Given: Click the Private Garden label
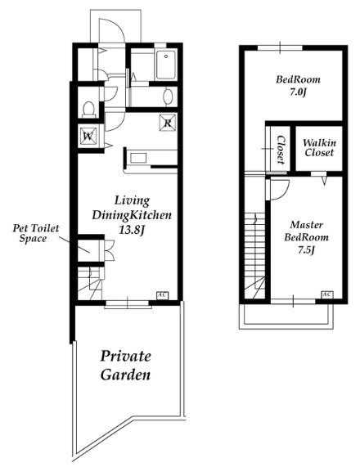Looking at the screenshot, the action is [125, 366].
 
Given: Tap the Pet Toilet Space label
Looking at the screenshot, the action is [36, 233].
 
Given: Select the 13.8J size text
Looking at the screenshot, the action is [132, 230].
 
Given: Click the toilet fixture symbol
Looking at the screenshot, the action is [88, 109].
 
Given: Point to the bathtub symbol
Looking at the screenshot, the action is [166, 65].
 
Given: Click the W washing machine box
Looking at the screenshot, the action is [88, 136].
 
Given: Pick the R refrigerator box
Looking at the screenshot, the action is [168, 123].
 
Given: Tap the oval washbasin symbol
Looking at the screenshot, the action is [168, 97].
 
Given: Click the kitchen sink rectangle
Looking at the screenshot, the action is [138, 158].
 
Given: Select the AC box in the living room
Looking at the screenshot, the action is [163, 295].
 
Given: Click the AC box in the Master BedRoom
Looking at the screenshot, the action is [327, 294].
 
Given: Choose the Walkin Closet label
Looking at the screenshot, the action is [319, 148].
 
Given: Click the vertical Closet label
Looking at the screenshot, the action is [281, 150].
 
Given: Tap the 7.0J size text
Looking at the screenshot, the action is [298, 92].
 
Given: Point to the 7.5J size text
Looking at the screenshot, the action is [306, 250].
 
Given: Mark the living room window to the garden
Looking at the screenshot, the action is [128, 303].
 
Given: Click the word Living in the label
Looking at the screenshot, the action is [132, 200].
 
